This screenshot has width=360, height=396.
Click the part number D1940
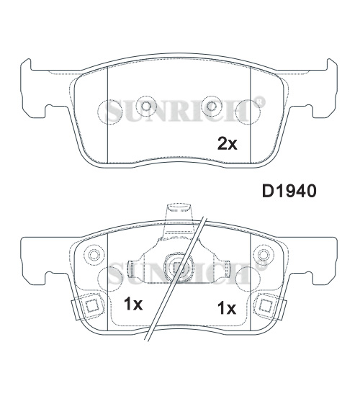[289, 191]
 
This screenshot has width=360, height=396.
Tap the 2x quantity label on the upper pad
[227, 144]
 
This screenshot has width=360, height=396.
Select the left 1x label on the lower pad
[133, 304]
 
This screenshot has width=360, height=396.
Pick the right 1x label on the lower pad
[227, 308]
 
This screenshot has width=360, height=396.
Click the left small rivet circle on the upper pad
[146, 107]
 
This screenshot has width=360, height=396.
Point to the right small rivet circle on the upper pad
[211, 107]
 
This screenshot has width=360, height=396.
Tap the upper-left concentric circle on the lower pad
[94, 255]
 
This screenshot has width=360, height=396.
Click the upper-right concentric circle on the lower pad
[264, 255]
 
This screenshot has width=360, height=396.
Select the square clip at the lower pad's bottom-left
[91, 306]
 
